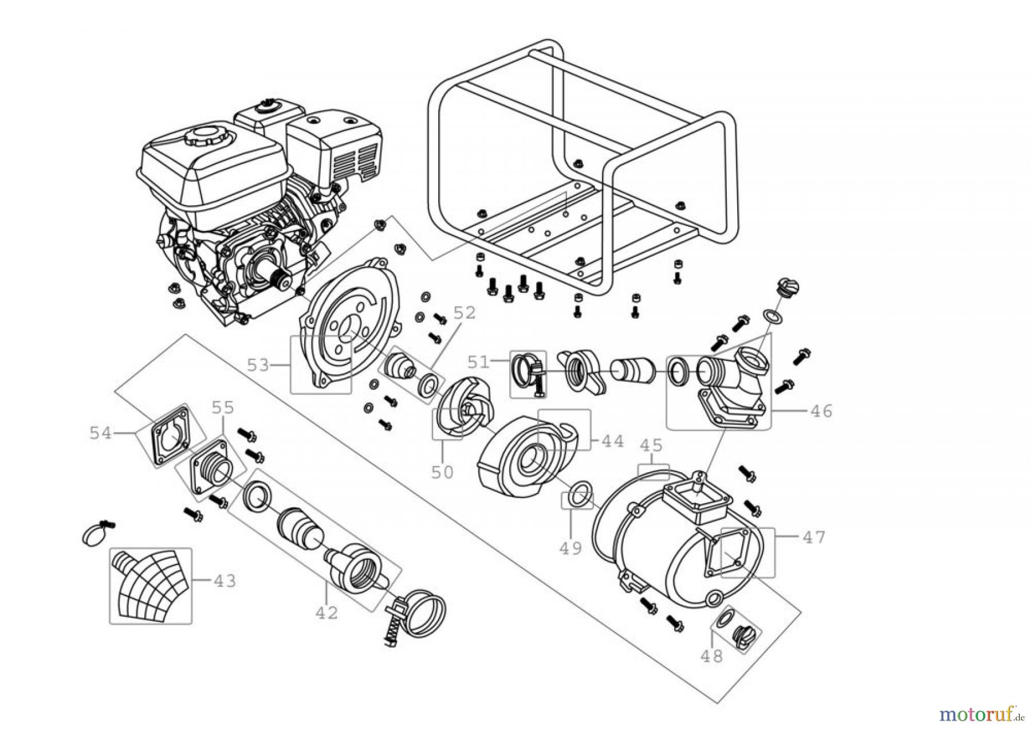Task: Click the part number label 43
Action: coord(225,581)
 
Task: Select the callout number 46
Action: coord(821,411)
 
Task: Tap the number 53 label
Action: coord(258,365)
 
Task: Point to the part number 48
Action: coord(711,656)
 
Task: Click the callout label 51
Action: coord(479,362)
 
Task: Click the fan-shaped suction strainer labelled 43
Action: coord(150,586)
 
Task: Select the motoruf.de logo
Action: coord(981,714)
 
